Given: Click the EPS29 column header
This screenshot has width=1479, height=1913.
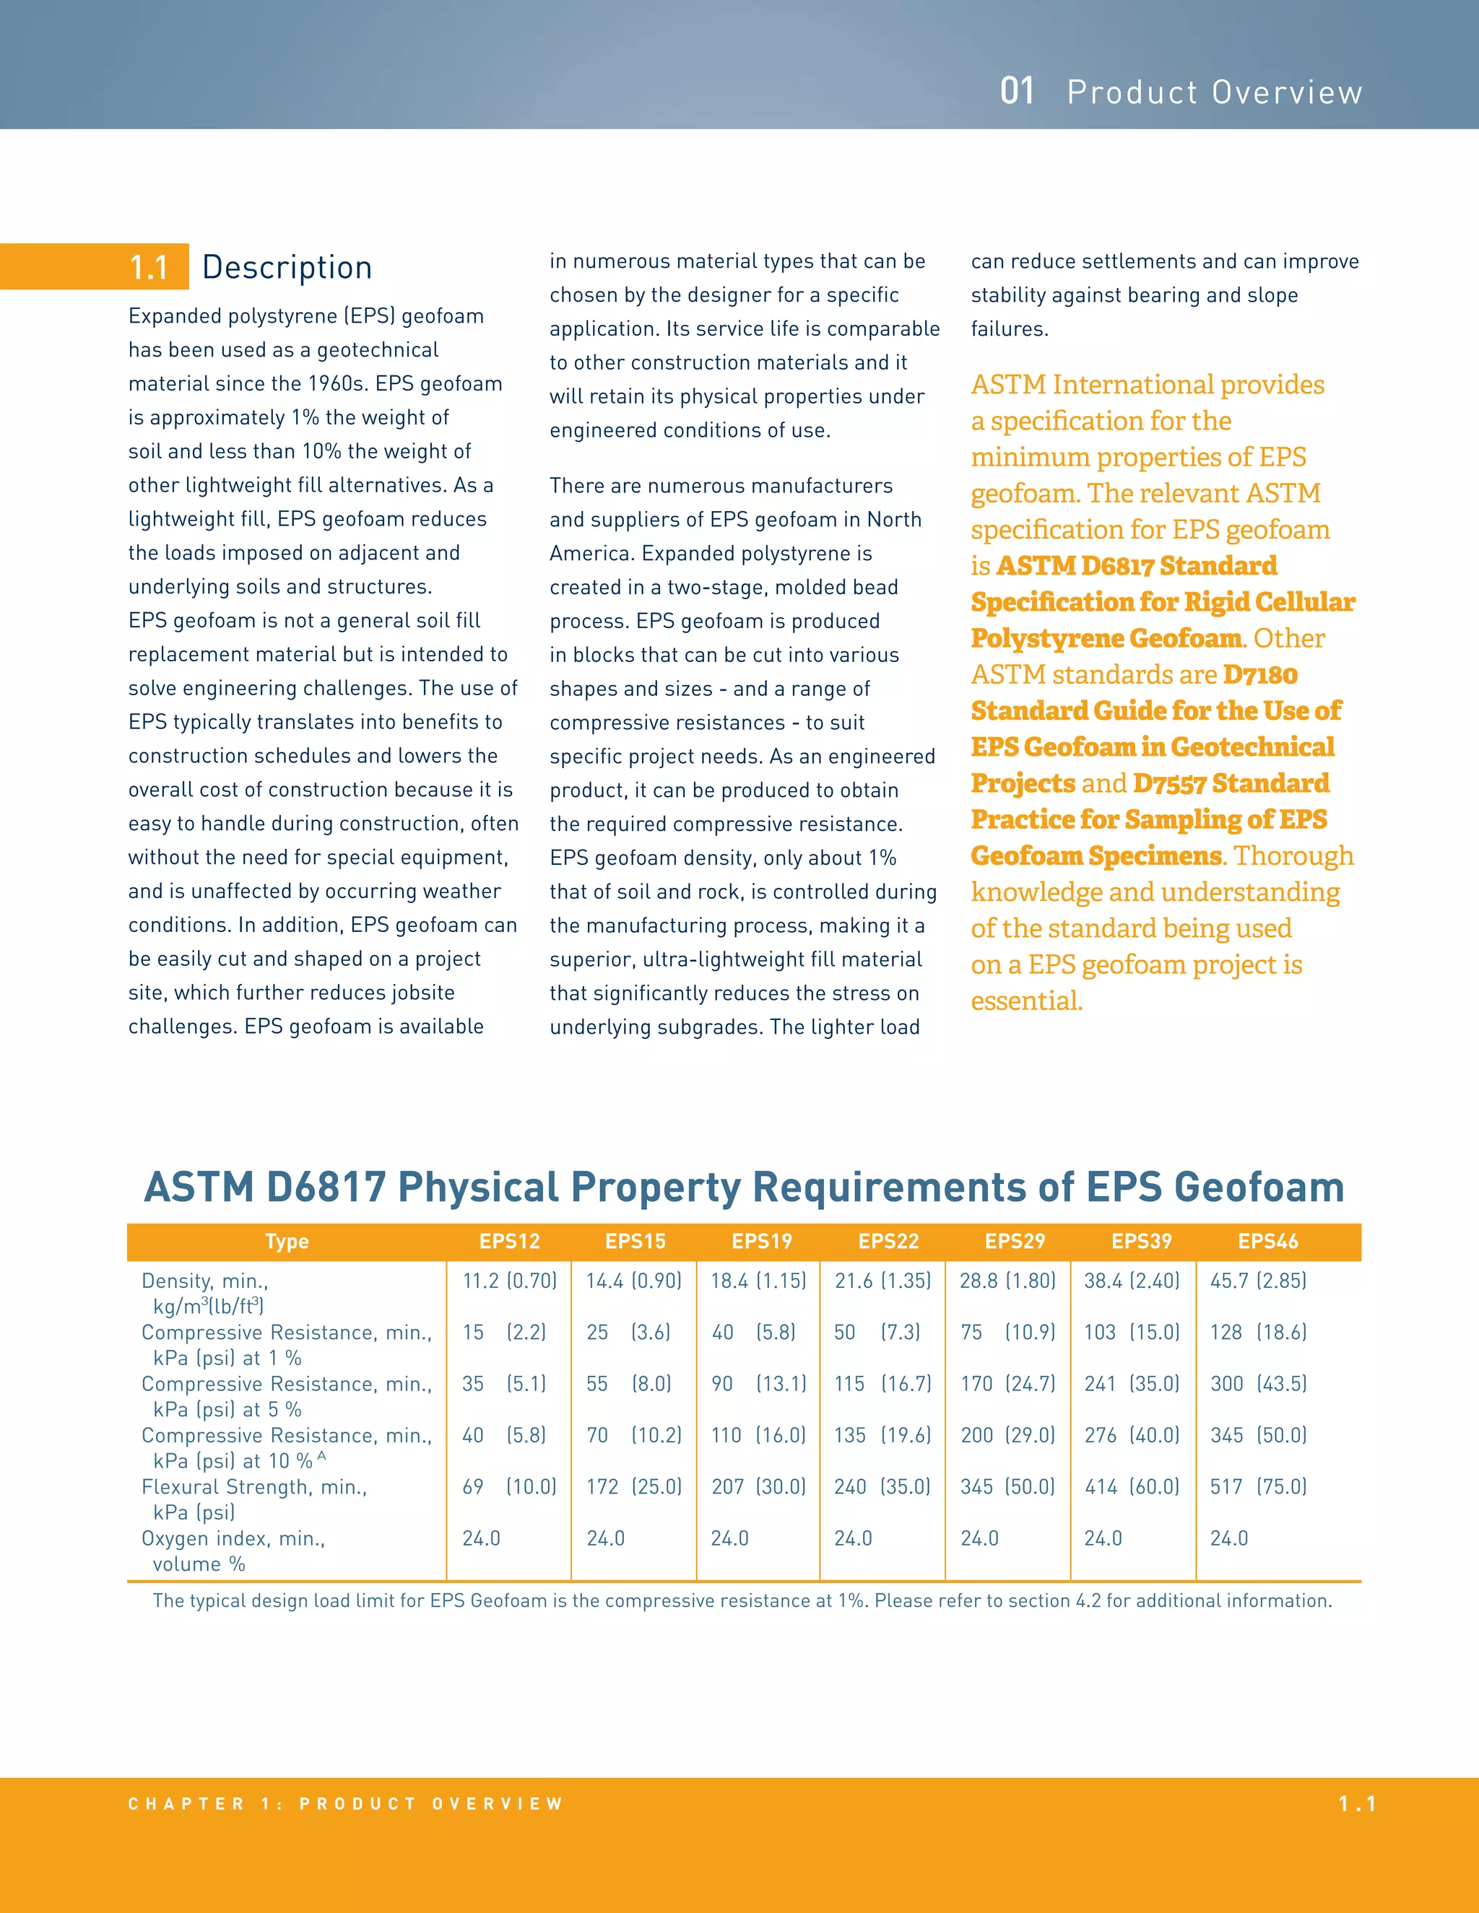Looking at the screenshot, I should click(x=1015, y=1241).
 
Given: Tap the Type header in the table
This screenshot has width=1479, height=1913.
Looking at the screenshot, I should click(x=287, y=1241).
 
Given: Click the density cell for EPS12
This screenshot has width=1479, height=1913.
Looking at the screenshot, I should click(x=510, y=1281).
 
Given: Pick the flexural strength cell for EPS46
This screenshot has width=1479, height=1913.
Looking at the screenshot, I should click(x=1258, y=1486).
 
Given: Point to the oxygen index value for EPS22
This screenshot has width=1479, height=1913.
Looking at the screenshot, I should click(x=853, y=1538).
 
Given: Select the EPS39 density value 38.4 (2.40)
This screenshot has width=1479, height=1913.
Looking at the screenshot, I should click(x=1132, y=1281).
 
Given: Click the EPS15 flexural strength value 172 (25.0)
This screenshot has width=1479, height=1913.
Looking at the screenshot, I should click(x=634, y=1486).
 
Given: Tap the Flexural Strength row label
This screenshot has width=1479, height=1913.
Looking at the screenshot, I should click(x=254, y=1487).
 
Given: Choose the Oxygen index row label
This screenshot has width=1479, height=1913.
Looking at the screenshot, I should click(x=233, y=1539).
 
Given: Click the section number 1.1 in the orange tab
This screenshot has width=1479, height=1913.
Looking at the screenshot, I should click(x=149, y=267).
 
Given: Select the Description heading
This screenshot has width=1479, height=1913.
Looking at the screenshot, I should click(x=287, y=267).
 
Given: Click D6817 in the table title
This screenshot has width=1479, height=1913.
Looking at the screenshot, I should click(x=326, y=1187).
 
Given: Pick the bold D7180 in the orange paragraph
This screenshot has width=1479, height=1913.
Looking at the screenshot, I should click(x=1260, y=674).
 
